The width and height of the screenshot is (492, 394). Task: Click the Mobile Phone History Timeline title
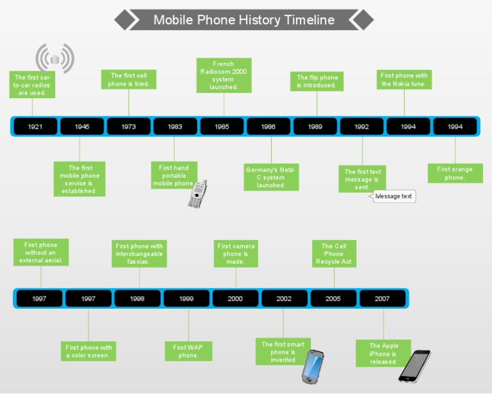(x=243, y=20)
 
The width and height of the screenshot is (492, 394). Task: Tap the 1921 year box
(x=35, y=127)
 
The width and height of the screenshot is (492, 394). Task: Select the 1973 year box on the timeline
(x=129, y=127)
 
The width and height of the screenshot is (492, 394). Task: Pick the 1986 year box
(x=268, y=127)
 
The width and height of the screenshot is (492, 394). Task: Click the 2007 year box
(x=382, y=299)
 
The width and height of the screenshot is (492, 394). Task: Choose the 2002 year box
(x=284, y=299)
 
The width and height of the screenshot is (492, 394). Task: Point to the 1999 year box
(x=186, y=299)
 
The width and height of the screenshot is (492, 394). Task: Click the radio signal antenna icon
(x=54, y=59)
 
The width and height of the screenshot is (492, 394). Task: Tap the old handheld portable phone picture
(x=197, y=194)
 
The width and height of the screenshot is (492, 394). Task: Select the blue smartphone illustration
(x=313, y=366)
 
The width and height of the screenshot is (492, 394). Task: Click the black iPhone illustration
(x=414, y=365)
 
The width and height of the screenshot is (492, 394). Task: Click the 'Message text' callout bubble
(x=394, y=196)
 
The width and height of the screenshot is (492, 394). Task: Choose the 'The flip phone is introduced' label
(x=316, y=81)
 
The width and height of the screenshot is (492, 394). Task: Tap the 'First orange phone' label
(x=455, y=173)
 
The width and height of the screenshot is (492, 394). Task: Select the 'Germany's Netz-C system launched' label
(x=271, y=177)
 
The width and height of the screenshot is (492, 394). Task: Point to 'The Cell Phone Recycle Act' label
(x=334, y=254)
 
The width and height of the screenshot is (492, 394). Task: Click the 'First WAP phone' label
(x=188, y=351)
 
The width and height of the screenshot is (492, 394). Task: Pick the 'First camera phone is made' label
(x=236, y=254)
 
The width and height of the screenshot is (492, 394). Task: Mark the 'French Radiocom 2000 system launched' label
(x=224, y=75)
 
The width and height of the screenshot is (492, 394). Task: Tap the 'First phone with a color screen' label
(x=89, y=352)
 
